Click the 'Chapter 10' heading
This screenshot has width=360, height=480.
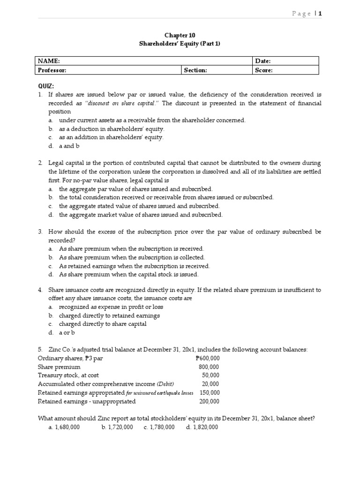pos(180,35)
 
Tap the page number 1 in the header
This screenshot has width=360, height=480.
pos(320,14)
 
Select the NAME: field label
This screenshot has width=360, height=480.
pos(49,61)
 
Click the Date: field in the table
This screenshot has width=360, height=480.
pos(263,61)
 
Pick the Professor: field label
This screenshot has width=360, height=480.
pos(52,70)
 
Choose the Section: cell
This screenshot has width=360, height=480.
pos(195,70)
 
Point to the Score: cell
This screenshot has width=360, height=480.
pos(264,70)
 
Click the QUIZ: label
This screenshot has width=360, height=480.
pos(46,86)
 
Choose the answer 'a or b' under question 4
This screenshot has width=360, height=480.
pos(67,333)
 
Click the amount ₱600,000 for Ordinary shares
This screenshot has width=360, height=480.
pos(207,359)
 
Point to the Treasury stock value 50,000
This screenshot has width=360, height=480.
pos(210,375)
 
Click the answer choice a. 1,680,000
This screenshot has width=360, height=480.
pos(64,427)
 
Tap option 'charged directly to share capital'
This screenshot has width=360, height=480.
pos(103,324)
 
